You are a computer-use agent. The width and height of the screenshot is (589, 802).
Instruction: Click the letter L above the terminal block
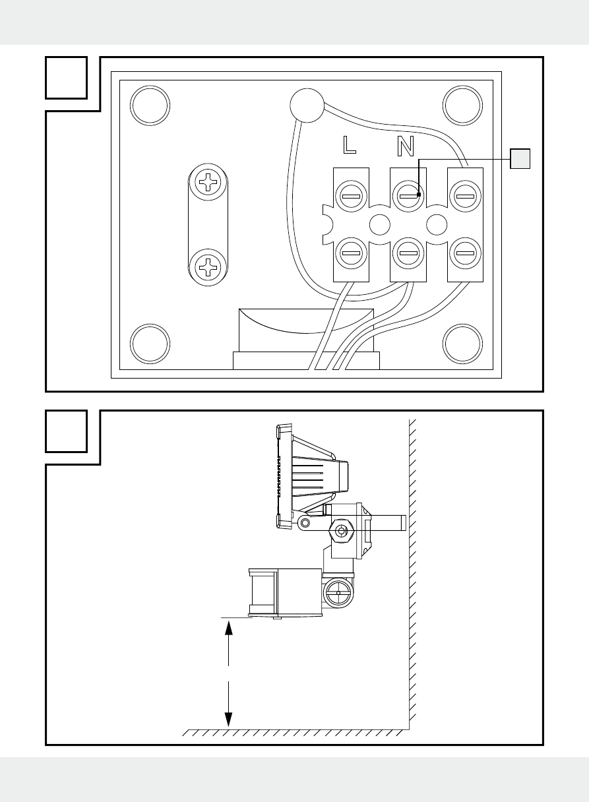(349, 145)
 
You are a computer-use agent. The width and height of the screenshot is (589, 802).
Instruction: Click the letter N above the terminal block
(406, 145)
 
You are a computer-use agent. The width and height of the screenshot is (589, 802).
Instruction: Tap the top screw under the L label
(350, 195)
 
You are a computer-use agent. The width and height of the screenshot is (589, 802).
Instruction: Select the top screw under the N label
(408, 195)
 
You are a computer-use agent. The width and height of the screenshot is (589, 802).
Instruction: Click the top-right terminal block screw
(464, 195)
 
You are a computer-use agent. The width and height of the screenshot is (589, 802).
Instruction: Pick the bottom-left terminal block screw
(350, 253)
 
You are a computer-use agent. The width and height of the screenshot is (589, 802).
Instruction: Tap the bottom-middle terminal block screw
(408, 253)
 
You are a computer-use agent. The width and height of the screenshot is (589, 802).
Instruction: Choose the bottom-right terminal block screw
(464, 253)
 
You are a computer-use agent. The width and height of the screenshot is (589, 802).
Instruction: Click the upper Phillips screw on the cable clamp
(209, 181)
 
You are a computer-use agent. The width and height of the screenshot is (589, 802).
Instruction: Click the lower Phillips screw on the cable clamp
(209, 267)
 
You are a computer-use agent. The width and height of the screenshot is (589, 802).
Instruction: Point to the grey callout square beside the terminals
(521, 158)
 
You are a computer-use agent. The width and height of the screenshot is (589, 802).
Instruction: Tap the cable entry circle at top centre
(307, 105)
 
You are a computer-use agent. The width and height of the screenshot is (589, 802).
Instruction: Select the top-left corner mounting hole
(150, 105)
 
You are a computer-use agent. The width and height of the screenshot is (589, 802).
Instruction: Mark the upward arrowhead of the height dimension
(229, 627)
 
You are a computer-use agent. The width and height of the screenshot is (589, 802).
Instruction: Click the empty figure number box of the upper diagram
(67, 78)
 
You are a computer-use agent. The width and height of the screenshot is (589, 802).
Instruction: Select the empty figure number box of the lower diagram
(67, 431)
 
